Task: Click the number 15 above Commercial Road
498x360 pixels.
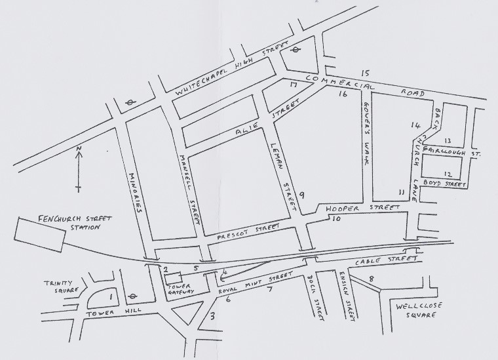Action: (x=366, y=73)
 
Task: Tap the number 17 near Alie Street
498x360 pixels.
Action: (x=294, y=85)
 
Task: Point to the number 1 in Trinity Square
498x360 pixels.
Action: (x=111, y=298)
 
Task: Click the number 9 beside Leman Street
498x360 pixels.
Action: (x=302, y=195)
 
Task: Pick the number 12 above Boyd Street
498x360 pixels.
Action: (x=448, y=174)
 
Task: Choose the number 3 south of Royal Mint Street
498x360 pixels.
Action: (x=211, y=317)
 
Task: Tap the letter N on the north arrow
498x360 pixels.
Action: (x=78, y=151)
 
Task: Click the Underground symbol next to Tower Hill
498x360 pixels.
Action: (x=132, y=296)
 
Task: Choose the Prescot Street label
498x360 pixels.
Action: (x=246, y=231)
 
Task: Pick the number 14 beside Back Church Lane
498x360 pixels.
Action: (x=415, y=125)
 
